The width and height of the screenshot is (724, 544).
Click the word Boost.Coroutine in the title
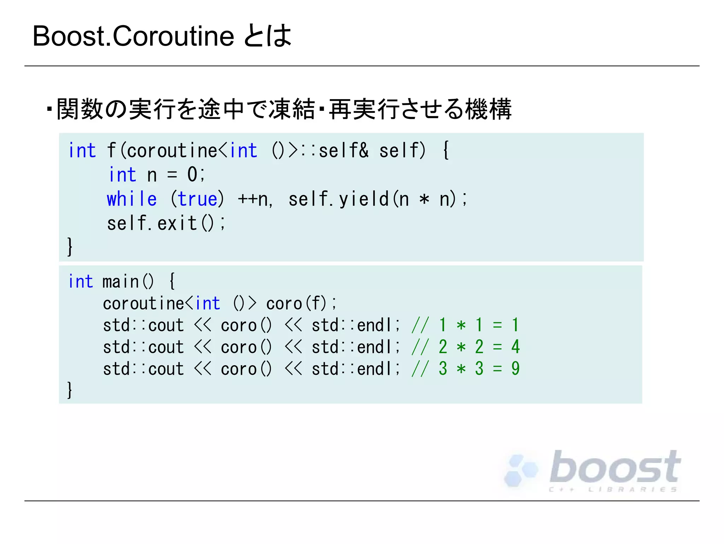[x=133, y=36]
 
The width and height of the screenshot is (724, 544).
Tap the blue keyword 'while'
[x=132, y=199]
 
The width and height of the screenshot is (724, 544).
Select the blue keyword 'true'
[x=197, y=199]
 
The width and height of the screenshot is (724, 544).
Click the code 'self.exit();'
[x=166, y=223]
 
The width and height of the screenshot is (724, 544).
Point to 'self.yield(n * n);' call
[x=378, y=199]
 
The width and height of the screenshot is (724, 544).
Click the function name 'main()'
[x=128, y=282]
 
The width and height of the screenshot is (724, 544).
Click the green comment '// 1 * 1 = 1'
[x=465, y=325]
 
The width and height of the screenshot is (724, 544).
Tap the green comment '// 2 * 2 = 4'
[x=465, y=347]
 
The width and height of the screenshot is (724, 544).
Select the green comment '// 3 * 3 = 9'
[x=465, y=369]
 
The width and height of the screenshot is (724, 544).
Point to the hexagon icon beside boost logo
[x=520, y=470]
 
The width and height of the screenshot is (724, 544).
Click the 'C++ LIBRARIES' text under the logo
[x=613, y=489]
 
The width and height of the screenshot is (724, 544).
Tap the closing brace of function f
[x=70, y=246]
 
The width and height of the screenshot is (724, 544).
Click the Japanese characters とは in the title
[x=268, y=36]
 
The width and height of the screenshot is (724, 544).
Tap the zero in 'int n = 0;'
[x=192, y=174]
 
